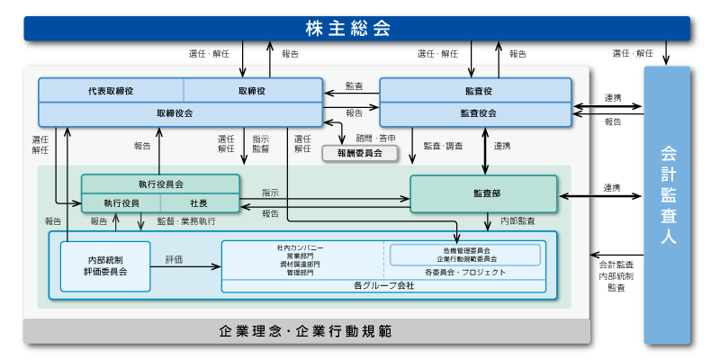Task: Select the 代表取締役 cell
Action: click(112, 91)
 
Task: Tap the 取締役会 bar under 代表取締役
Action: click(180, 114)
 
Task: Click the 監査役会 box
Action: click(476, 114)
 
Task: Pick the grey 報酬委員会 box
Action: click(359, 154)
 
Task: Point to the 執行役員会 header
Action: click(160, 184)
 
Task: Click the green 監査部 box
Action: click(484, 193)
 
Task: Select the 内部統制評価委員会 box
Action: click(105, 265)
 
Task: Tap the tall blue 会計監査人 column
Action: click(667, 205)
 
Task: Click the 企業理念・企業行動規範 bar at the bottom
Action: click(306, 331)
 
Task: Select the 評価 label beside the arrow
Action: click(174, 259)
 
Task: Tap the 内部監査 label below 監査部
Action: click(517, 220)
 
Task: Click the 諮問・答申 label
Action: click(375, 139)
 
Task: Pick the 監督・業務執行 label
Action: click(186, 220)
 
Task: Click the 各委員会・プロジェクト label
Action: click(464, 272)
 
